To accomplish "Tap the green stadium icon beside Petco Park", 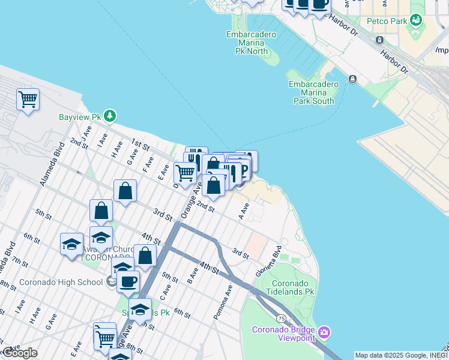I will click(x=415, y=21).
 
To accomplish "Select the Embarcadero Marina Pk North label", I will click(x=251, y=43).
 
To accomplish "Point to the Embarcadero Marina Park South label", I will click(x=313, y=92).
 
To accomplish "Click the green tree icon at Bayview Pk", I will click(x=109, y=115).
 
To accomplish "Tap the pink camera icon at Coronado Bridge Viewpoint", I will click(x=325, y=332).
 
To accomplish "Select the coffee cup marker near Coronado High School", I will click(x=128, y=281).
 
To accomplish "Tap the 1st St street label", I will click(x=140, y=146).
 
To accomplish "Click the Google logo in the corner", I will click(x=19, y=353).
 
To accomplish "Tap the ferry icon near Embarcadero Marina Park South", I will click(x=352, y=79).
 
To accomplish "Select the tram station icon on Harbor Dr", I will click(x=379, y=40).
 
